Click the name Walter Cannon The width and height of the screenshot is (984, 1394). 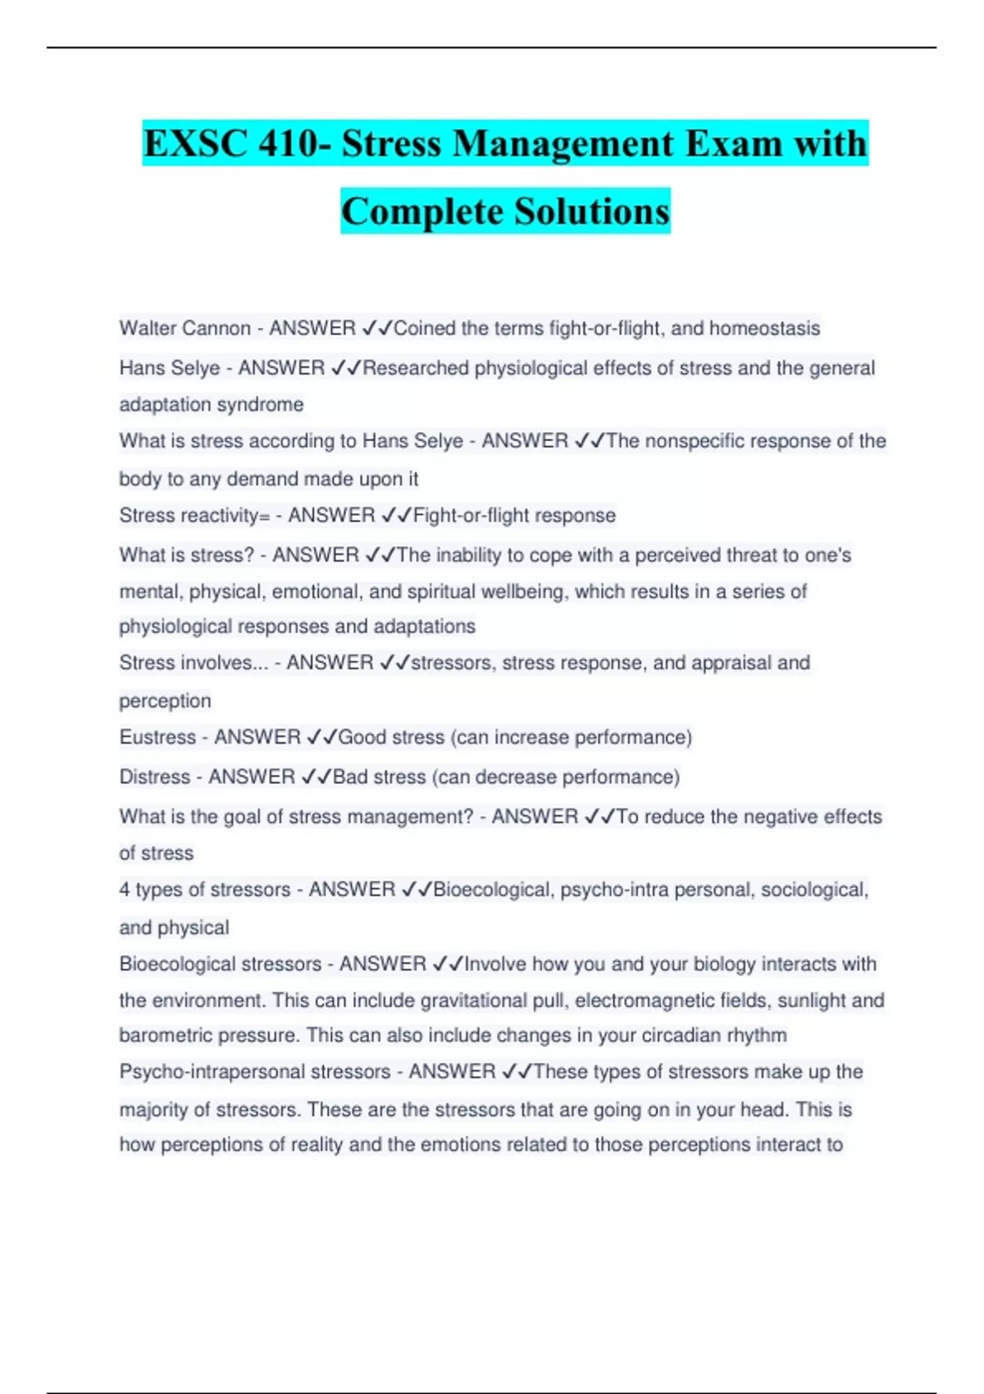(184, 328)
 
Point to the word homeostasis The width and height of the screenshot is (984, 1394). (764, 328)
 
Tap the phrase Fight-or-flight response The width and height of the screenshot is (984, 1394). (514, 515)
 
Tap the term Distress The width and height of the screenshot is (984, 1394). (154, 777)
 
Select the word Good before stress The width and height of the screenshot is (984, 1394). (362, 737)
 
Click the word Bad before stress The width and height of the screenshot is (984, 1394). (350, 777)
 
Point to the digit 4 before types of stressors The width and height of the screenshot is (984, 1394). (125, 890)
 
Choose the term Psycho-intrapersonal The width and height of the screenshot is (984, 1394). (254, 1072)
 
